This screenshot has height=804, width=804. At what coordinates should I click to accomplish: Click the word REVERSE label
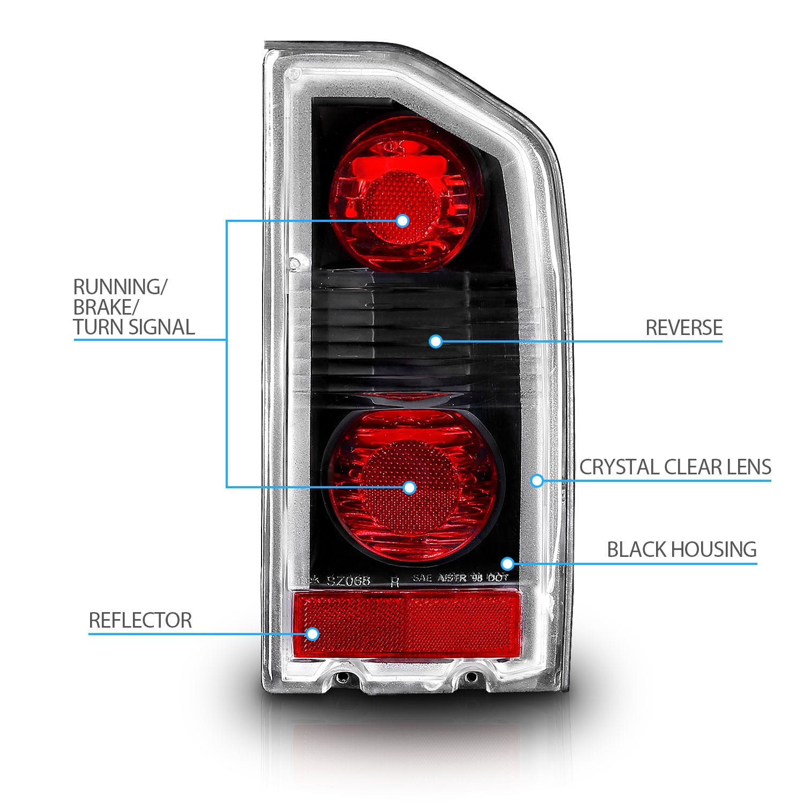tap(683, 327)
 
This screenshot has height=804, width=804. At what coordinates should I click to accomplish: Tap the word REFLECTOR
tap(140, 620)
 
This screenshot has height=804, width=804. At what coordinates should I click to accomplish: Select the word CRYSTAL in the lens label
tap(619, 467)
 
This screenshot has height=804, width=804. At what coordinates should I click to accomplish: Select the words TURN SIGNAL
tap(134, 327)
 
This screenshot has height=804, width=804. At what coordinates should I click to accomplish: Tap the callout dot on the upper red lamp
tap(403, 220)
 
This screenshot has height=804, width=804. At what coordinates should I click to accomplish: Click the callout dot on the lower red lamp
tap(410, 487)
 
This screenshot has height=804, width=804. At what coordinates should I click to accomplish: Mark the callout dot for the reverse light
tap(436, 341)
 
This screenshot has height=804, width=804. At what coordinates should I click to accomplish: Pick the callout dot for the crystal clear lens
tap(537, 480)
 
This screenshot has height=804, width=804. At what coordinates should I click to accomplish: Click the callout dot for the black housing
tap(508, 563)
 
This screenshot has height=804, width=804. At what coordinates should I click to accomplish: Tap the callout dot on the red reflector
tap(312, 634)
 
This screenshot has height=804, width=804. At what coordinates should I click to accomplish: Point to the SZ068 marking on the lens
tap(348, 580)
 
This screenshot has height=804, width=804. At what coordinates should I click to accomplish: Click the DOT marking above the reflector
tap(497, 578)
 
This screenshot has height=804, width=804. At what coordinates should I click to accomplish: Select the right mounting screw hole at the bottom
tap(470, 677)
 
